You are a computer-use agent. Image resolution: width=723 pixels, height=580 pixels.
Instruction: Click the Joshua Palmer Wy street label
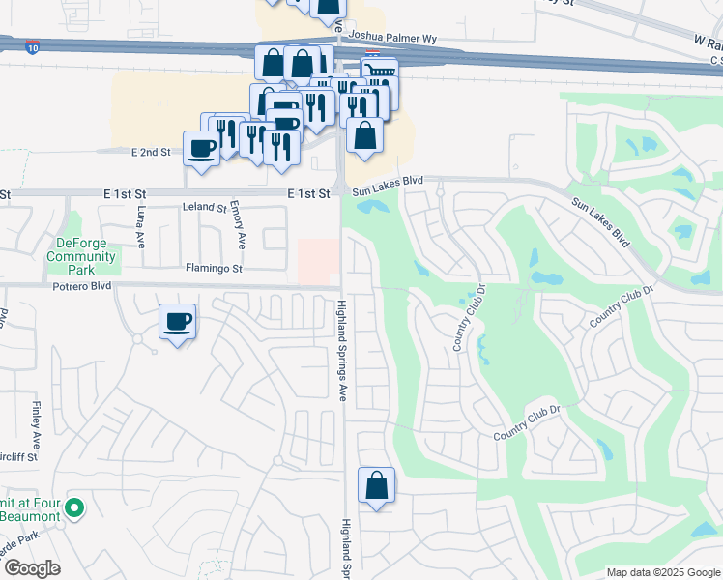(393, 39)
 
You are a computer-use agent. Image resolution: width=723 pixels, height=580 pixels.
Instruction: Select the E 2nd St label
(150, 152)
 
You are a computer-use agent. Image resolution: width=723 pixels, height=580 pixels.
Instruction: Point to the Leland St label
(204, 208)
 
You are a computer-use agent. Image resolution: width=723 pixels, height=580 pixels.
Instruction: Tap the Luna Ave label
(141, 228)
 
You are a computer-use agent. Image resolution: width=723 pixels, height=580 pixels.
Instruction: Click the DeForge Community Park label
(81, 249)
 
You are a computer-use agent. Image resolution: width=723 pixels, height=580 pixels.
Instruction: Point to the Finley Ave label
(37, 423)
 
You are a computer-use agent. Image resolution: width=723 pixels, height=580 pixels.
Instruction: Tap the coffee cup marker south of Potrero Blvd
(177, 322)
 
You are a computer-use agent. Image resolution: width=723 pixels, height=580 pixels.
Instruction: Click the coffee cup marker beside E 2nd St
(201, 149)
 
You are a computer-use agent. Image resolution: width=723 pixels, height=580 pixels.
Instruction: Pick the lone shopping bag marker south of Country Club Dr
(376, 485)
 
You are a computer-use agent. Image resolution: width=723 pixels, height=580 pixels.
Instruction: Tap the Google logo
(31, 568)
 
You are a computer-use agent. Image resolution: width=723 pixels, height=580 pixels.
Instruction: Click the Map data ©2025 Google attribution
(661, 572)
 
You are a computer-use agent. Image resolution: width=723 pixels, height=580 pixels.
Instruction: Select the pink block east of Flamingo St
(318, 261)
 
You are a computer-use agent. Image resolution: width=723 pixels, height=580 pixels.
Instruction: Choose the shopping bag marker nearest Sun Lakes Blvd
(364, 136)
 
